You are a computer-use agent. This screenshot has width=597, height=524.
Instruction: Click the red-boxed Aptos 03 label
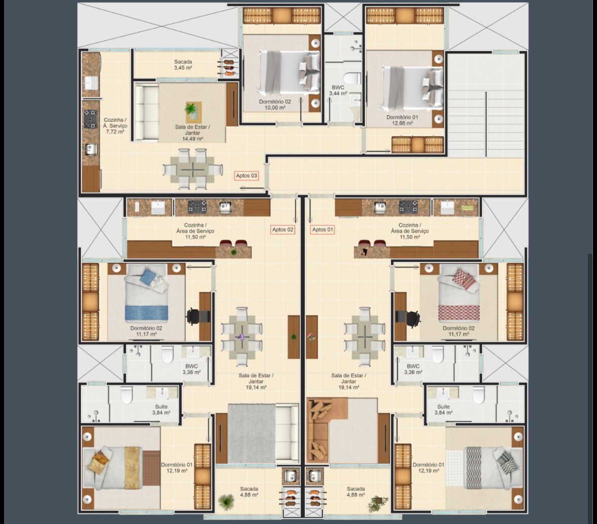[x=246, y=176]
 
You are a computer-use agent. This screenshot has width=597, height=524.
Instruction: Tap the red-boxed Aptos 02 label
[x=283, y=230]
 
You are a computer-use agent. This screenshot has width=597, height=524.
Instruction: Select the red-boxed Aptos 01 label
[x=323, y=230]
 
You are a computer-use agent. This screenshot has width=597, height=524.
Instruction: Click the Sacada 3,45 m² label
[x=183, y=65]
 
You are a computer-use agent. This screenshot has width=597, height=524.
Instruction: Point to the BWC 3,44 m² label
[x=338, y=91]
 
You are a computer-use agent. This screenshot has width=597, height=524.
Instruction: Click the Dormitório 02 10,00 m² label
[x=275, y=105]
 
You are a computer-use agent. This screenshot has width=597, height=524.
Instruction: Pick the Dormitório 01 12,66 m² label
[x=402, y=120]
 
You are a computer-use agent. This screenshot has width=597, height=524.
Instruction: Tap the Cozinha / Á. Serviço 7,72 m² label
[x=115, y=126]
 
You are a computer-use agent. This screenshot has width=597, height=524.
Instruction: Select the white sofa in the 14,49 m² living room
[x=146, y=112]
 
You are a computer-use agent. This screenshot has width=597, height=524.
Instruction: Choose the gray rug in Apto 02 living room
[x=251, y=434]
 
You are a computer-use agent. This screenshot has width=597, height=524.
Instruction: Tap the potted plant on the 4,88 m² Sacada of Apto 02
[x=227, y=502]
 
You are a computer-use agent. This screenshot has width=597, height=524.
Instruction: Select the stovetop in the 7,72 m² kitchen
[x=91, y=119]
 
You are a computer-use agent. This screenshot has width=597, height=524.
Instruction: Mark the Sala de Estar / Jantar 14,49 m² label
[x=192, y=133]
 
